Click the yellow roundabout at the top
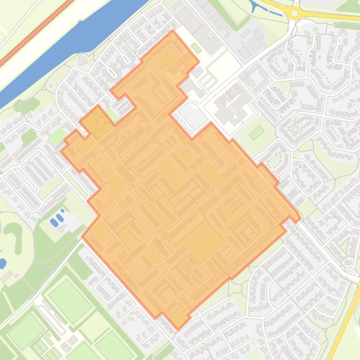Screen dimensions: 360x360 pos(294,13)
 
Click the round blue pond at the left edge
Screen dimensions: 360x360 pos(2,263)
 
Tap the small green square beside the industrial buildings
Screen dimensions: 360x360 pos(197,48)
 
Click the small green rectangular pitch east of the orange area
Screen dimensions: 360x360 pos(256,133)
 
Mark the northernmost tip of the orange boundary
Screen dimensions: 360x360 pos(172,31)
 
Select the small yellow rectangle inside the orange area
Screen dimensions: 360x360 pos(122,255)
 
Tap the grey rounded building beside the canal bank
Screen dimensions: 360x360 pos(83,60)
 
